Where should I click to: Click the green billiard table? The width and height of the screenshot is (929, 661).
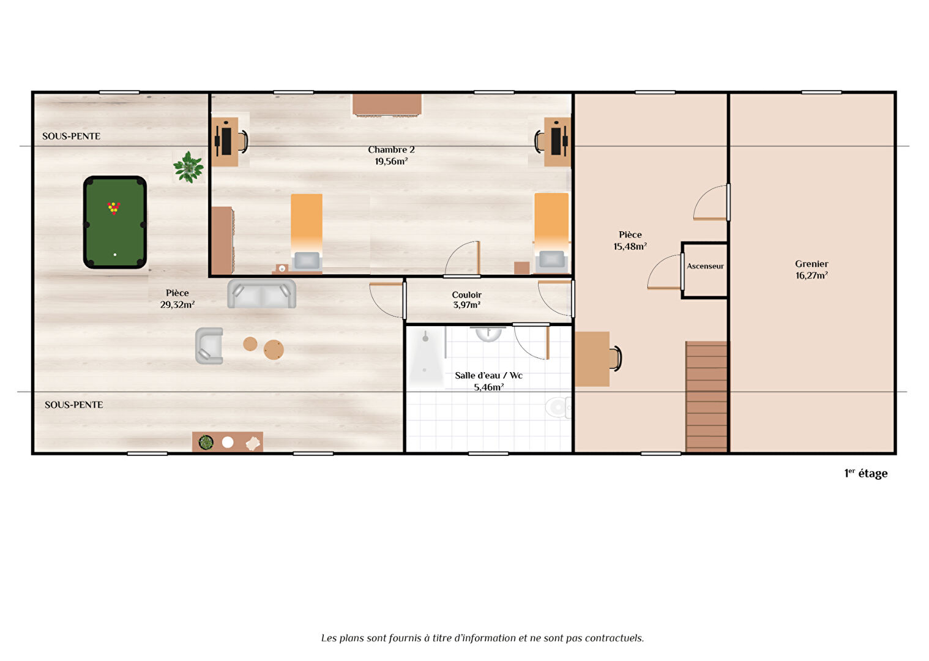click(115, 222)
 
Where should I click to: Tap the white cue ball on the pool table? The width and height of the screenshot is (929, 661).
click(115, 255)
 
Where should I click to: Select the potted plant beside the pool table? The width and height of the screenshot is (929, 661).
click(188, 167)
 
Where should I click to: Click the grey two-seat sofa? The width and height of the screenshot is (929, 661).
click(262, 294)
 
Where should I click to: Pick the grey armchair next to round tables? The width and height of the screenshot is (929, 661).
click(209, 346)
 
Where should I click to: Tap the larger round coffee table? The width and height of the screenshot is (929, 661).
click(274, 349)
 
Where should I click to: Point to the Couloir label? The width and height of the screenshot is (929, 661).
click(466, 295)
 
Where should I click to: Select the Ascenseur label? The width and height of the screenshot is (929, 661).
click(705, 266)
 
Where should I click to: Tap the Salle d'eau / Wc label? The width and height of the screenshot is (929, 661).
click(488, 376)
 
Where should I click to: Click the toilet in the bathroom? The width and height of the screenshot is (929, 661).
click(558, 407)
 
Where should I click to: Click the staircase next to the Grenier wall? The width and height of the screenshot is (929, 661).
click(706, 397)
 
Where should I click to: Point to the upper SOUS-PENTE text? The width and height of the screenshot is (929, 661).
click(72, 136)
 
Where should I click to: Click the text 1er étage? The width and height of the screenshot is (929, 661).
click(866, 474)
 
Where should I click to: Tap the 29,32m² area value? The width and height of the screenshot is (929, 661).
click(177, 305)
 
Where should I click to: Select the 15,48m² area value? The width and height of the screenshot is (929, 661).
click(630, 247)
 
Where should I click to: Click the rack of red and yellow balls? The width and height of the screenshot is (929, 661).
click(114, 207)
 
